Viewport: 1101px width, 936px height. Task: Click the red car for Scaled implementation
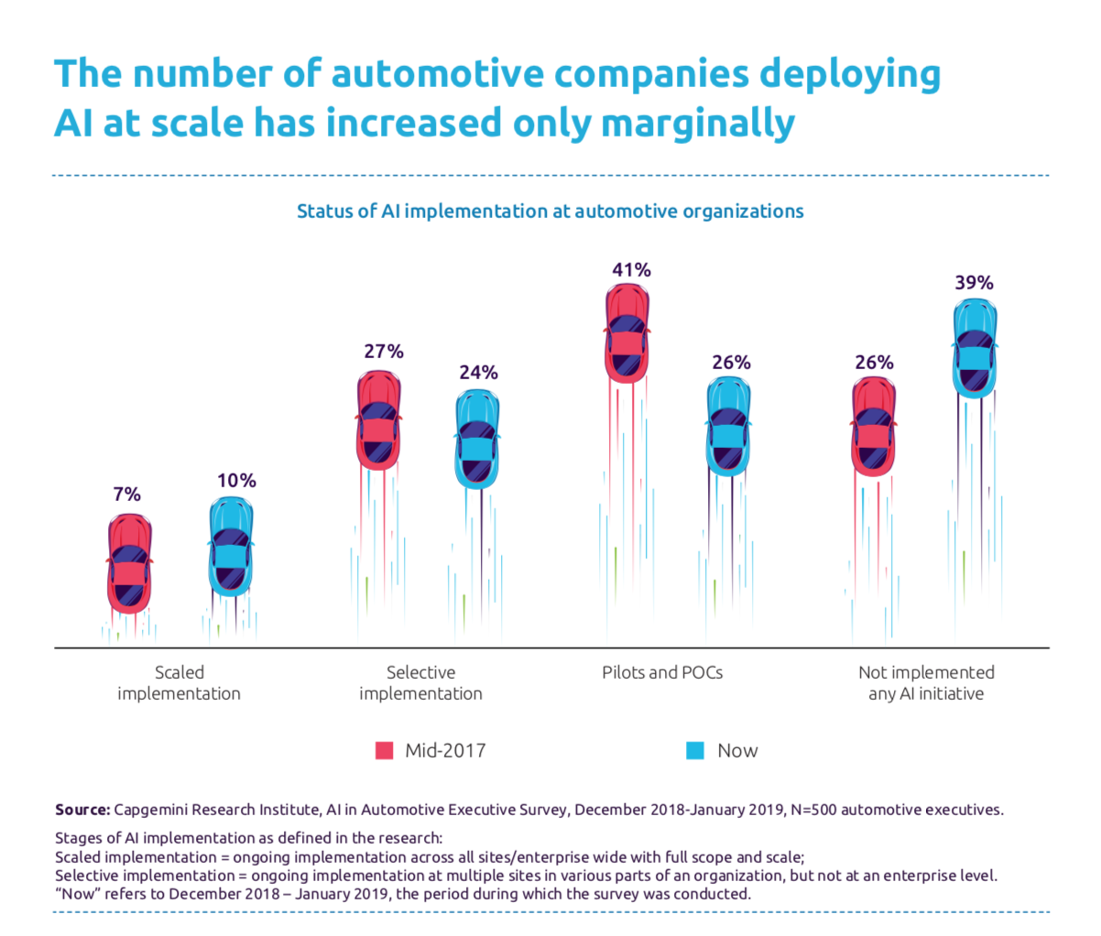click(130, 563)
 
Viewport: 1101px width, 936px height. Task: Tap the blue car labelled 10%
click(231, 547)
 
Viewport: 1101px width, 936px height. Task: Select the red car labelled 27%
click(379, 419)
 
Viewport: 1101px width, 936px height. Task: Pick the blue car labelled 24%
click(477, 439)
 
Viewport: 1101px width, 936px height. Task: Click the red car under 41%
click(628, 332)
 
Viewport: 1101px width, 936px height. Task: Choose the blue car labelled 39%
click(975, 349)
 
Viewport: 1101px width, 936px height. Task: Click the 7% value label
click(126, 495)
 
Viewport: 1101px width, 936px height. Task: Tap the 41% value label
click(631, 269)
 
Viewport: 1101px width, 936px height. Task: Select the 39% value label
click(974, 283)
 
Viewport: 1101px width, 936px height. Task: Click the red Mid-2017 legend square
click(385, 751)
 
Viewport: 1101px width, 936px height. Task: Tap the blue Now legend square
click(695, 751)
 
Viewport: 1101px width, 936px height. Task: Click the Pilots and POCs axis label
click(662, 672)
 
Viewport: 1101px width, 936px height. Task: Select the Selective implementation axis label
click(420, 683)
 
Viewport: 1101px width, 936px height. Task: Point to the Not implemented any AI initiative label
click(926, 683)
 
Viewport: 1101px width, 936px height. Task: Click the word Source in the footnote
click(82, 810)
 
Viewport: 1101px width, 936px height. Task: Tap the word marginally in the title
click(698, 123)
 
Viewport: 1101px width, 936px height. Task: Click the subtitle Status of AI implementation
click(550, 212)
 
